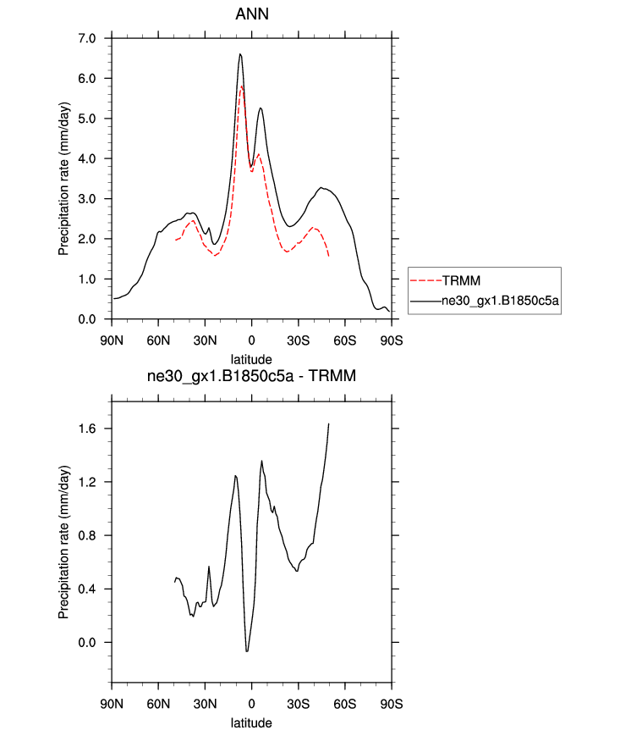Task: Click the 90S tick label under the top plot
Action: (x=391, y=340)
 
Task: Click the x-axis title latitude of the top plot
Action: (x=251, y=360)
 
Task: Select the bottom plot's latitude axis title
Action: (x=251, y=724)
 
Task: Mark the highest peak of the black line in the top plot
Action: (x=240, y=54)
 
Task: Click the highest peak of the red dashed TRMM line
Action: (x=242, y=86)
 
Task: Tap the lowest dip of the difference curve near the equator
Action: (x=247, y=651)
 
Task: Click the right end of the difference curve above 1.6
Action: (x=328, y=423)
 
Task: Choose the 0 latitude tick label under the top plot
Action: (x=251, y=340)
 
